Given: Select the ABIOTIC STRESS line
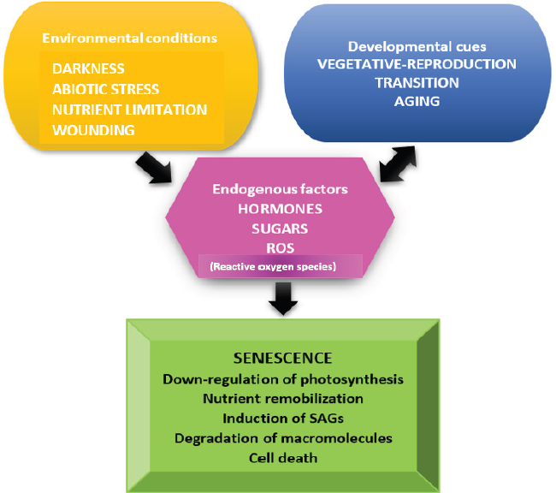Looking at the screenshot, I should (105, 89).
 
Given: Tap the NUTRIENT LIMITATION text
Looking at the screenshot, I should (129, 110).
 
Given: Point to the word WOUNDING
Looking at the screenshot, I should (93, 130).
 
